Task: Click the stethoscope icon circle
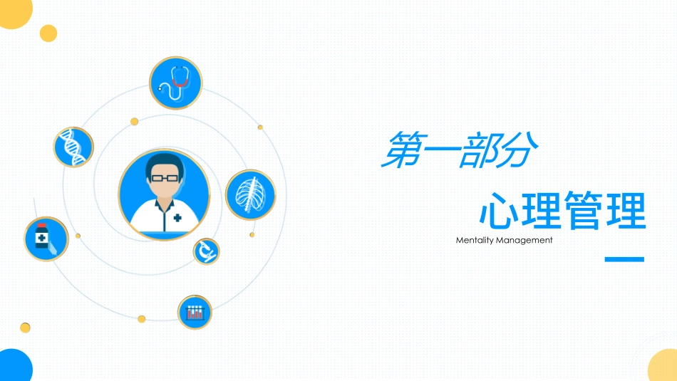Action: click(x=175, y=83)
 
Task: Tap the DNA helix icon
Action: click(x=73, y=147)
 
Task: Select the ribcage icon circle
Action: click(x=250, y=194)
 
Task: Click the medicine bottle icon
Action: click(x=46, y=239)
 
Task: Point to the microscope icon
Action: click(x=206, y=251)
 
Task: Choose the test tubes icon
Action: click(x=195, y=312)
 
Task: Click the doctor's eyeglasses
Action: click(x=164, y=177)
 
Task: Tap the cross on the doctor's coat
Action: click(x=177, y=218)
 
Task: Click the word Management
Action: click(x=527, y=241)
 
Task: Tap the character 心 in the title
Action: click(x=497, y=210)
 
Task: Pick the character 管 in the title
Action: click(x=582, y=210)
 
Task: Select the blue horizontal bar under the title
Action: click(x=624, y=260)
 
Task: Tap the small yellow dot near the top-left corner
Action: click(x=48, y=33)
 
